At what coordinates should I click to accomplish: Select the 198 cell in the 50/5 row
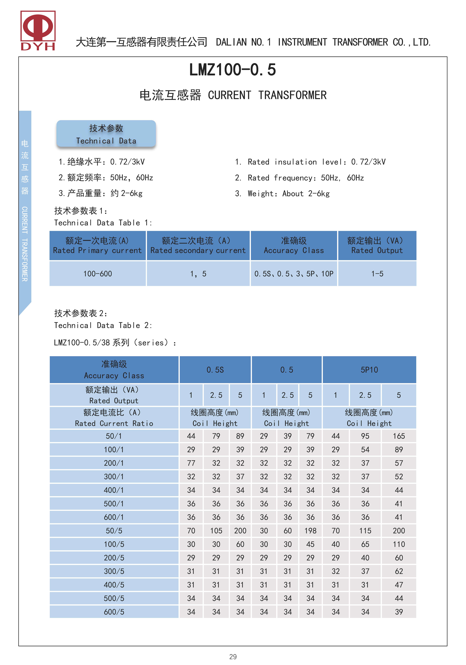point(310,531)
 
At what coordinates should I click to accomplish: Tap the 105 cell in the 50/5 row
point(216,531)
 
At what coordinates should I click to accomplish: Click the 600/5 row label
point(114,612)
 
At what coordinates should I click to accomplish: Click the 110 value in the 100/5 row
point(399,544)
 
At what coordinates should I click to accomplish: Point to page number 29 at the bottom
point(233,657)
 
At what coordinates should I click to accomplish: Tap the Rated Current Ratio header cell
point(114,418)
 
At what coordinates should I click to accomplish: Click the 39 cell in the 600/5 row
point(399,612)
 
